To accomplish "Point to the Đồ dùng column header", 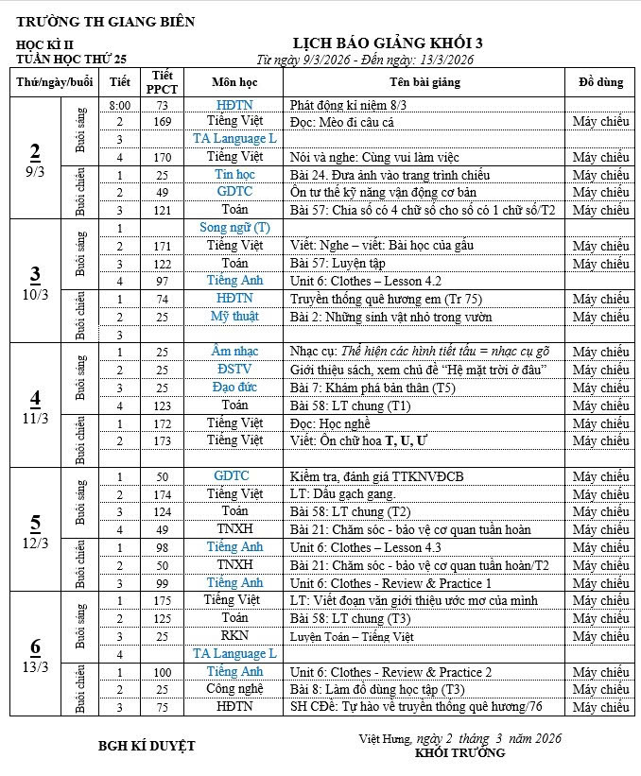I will coord(600,82).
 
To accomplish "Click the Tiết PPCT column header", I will coord(162,82).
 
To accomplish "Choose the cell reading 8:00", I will coord(119,105).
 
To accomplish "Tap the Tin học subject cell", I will coord(234,175).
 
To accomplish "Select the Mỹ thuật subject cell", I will coord(234,317).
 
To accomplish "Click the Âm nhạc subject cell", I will coord(234,352).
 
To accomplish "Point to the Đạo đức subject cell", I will coord(234,388).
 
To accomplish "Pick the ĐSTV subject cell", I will coord(234,370).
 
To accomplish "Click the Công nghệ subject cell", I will coord(234,689).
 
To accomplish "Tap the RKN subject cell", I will coord(234,636).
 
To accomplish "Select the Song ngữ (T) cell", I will coord(234,228).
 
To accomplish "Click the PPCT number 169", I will coord(162,122).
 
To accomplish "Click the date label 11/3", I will coord(36,418).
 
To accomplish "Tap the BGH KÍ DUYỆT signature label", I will coord(147,746).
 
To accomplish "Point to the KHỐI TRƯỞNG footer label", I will coord(459,753).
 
